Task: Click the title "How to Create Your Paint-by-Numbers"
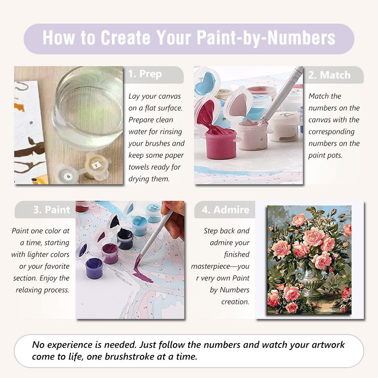(x=189, y=38)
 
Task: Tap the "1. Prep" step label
(x=145, y=74)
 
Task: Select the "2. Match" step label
(x=329, y=75)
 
